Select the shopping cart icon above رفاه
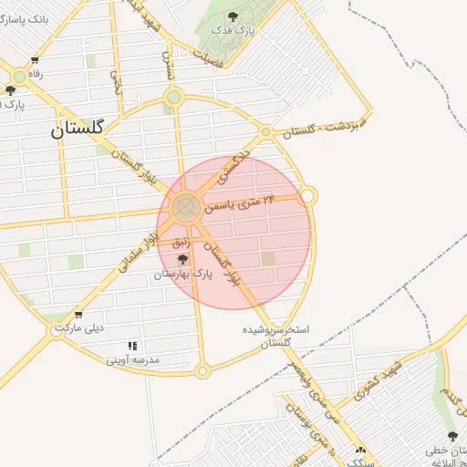tap(35, 60)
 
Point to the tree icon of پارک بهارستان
tap(182, 259)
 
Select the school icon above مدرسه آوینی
tap(132, 346)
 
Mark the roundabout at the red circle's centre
tap(186, 206)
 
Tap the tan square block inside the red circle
tap(268, 259)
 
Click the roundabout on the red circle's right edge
tap(308, 195)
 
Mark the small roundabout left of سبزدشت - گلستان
tap(265, 132)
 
